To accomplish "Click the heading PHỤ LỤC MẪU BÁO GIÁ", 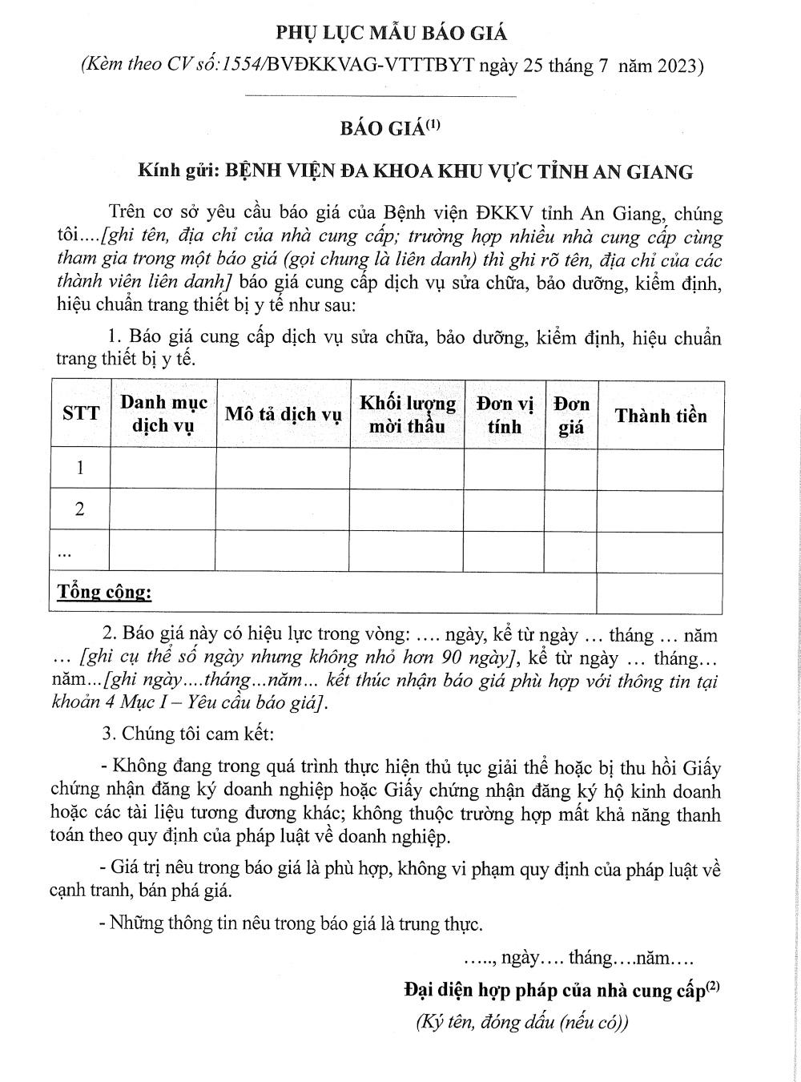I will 392,33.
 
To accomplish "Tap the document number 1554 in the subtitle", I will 240,65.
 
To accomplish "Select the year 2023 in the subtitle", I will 678,65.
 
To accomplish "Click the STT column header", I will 81,413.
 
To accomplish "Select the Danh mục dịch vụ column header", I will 163,413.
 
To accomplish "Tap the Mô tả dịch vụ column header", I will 283,414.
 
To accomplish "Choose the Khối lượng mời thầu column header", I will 407,414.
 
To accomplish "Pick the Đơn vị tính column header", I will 505,414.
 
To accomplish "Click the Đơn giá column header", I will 571,415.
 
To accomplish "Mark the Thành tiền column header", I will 661,415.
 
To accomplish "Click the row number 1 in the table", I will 80,468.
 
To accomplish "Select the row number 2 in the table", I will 80,509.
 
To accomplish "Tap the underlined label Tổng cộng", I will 104,593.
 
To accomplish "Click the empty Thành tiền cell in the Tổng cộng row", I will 660,593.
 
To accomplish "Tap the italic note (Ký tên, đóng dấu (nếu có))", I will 522,1022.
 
